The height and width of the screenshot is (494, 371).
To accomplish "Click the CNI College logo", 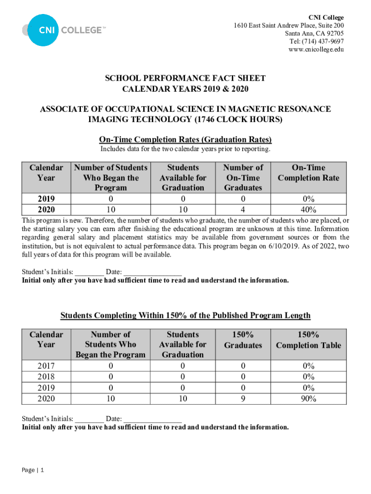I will (63, 30).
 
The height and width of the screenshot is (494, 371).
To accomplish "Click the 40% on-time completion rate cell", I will (308, 209).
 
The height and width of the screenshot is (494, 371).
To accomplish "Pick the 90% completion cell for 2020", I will (308, 398).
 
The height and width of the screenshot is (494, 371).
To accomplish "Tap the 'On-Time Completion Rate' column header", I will (308, 173).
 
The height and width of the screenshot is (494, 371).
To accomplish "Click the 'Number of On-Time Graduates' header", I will (243, 178).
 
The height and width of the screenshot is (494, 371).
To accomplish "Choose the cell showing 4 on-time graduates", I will (243, 209).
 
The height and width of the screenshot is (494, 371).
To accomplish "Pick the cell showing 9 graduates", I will (243, 398).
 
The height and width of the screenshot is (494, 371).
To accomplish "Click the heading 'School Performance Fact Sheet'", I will (185, 78).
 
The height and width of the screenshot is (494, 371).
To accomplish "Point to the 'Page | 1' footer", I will (33, 470).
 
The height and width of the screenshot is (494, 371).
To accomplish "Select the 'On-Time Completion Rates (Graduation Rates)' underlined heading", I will (185, 139).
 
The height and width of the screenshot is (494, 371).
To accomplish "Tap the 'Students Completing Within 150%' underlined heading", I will (185, 316).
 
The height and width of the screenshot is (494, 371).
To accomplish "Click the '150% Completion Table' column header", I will (308, 340).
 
